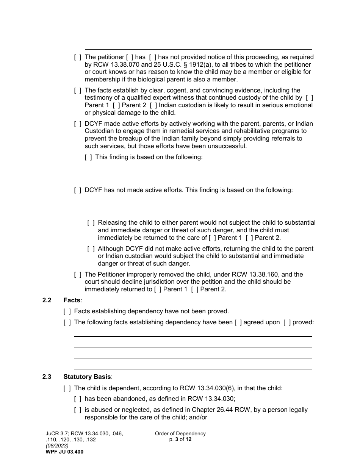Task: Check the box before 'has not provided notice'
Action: click(152, 57)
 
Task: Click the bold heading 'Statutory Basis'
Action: click(88, 377)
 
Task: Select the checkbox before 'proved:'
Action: click(287, 322)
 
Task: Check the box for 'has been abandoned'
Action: click(78, 399)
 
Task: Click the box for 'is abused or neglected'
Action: click(78, 410)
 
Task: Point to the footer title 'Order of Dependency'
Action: click(180, 434)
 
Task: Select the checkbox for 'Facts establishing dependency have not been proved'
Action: click(67, 311)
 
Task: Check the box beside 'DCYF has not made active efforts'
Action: click(78, 190)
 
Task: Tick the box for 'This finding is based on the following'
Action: click(88, 157)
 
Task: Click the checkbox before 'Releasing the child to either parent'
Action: click(91, 223)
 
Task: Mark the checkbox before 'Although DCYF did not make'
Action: click(91, 249)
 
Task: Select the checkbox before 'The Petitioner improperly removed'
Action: click(78, 275)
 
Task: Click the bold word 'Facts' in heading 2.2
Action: click(72, 300)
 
